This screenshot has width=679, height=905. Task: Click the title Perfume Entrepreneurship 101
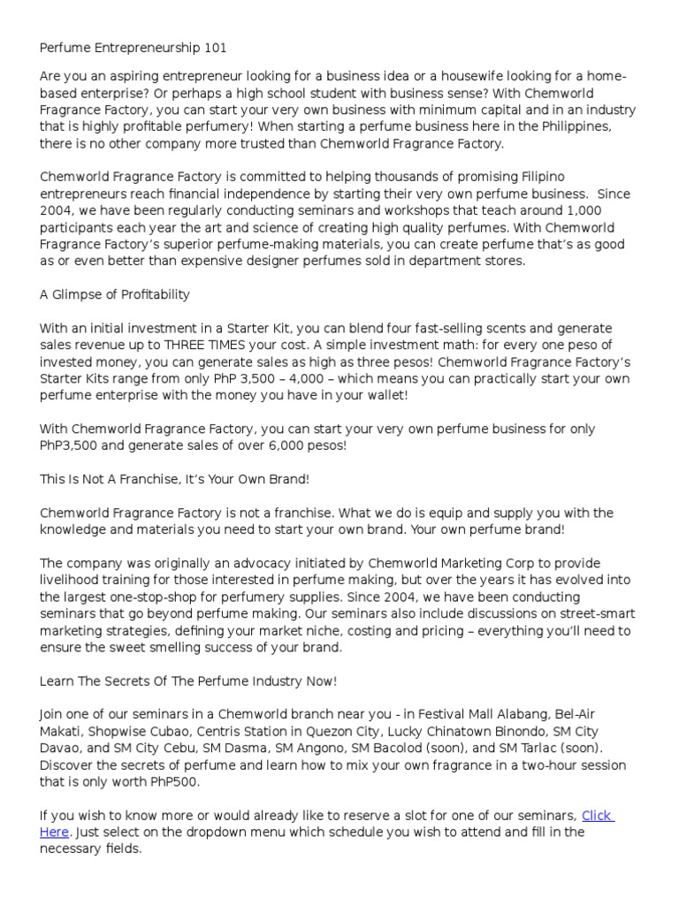click(x=134, y=48)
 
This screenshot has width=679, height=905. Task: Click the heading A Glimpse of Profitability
click(x=115, y=294)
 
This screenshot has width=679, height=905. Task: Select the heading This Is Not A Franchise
click(x=174, y=479)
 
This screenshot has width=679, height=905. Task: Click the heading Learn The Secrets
click(x=188, y=681)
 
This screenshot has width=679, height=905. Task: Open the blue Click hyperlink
click(x=596, y=815)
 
